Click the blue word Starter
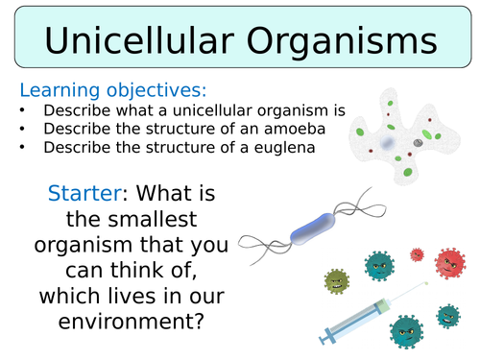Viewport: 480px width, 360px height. coord(82,193)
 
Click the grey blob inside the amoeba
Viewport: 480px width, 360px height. coord(417,142)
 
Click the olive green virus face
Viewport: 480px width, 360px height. coord(337,280)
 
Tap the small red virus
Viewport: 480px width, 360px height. coord(417,254)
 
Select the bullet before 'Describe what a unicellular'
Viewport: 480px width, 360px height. coord(23,111)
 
